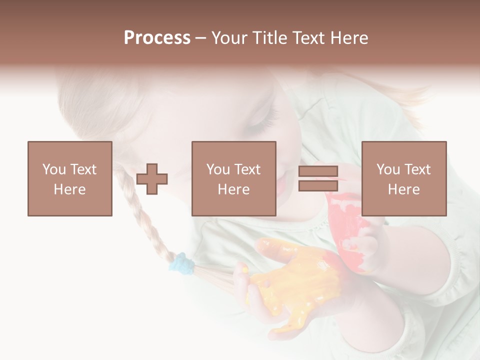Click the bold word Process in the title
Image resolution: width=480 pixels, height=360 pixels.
pos(157,38)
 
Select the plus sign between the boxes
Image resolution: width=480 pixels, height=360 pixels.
pos(152,179)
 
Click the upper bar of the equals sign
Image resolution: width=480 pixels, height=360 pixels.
pos(318,171)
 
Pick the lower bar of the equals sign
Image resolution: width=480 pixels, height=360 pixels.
pos(318,186)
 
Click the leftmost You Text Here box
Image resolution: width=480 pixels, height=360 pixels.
pos(70,178)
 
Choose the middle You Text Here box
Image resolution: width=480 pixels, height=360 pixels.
pos(234,178)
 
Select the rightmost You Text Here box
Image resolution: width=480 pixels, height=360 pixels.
pos(404,178)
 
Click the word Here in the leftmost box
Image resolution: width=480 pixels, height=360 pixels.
pos(70,189)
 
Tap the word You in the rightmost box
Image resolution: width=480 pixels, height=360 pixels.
pos(388,169)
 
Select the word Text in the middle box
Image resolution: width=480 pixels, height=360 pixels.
pos(247,169)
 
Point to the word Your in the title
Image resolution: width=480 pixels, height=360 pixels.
pos(229,38)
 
